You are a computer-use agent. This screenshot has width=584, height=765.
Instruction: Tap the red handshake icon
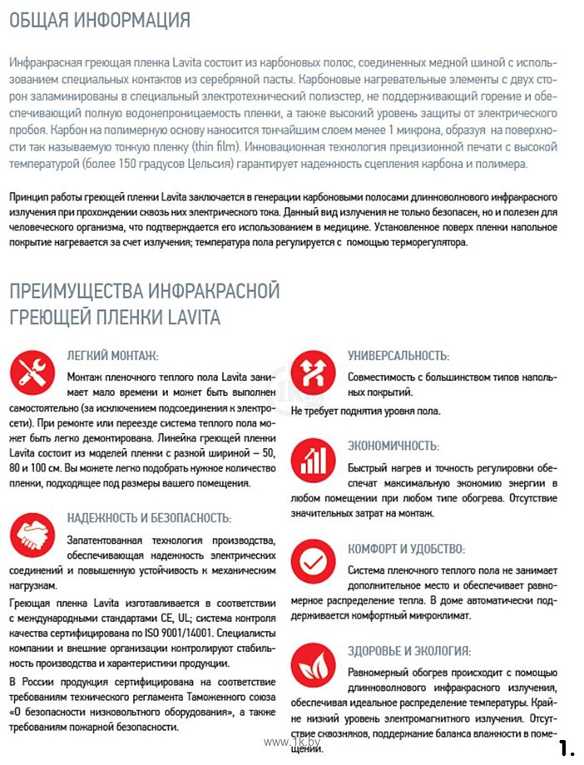point(32,534)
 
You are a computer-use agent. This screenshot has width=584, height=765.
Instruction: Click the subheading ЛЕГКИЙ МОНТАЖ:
point(112,356)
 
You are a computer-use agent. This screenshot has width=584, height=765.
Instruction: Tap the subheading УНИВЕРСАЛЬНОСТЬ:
point(398,356)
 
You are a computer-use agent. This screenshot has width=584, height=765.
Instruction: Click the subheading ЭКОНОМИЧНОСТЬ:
point(393,446)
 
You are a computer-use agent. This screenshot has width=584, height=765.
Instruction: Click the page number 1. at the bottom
point(567,747)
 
